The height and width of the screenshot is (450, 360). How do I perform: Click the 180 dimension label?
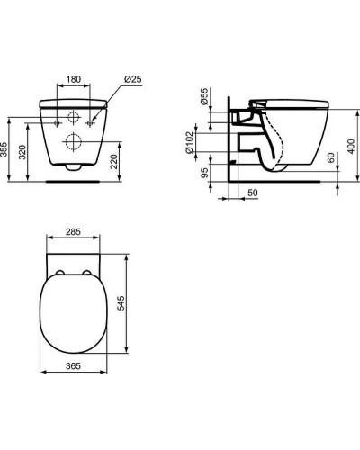74,79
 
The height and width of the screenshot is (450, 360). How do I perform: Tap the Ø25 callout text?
132,79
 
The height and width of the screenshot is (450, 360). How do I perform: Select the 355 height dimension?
4,149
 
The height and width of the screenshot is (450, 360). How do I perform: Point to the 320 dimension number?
22,152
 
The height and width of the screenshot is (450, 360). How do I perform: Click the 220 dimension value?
114,162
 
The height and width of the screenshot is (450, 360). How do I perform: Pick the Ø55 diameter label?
204,96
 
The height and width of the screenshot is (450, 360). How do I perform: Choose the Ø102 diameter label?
189,143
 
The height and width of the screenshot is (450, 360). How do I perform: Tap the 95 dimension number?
204,173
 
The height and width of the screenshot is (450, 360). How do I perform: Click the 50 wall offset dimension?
253,193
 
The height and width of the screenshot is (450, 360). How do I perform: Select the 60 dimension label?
331,157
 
